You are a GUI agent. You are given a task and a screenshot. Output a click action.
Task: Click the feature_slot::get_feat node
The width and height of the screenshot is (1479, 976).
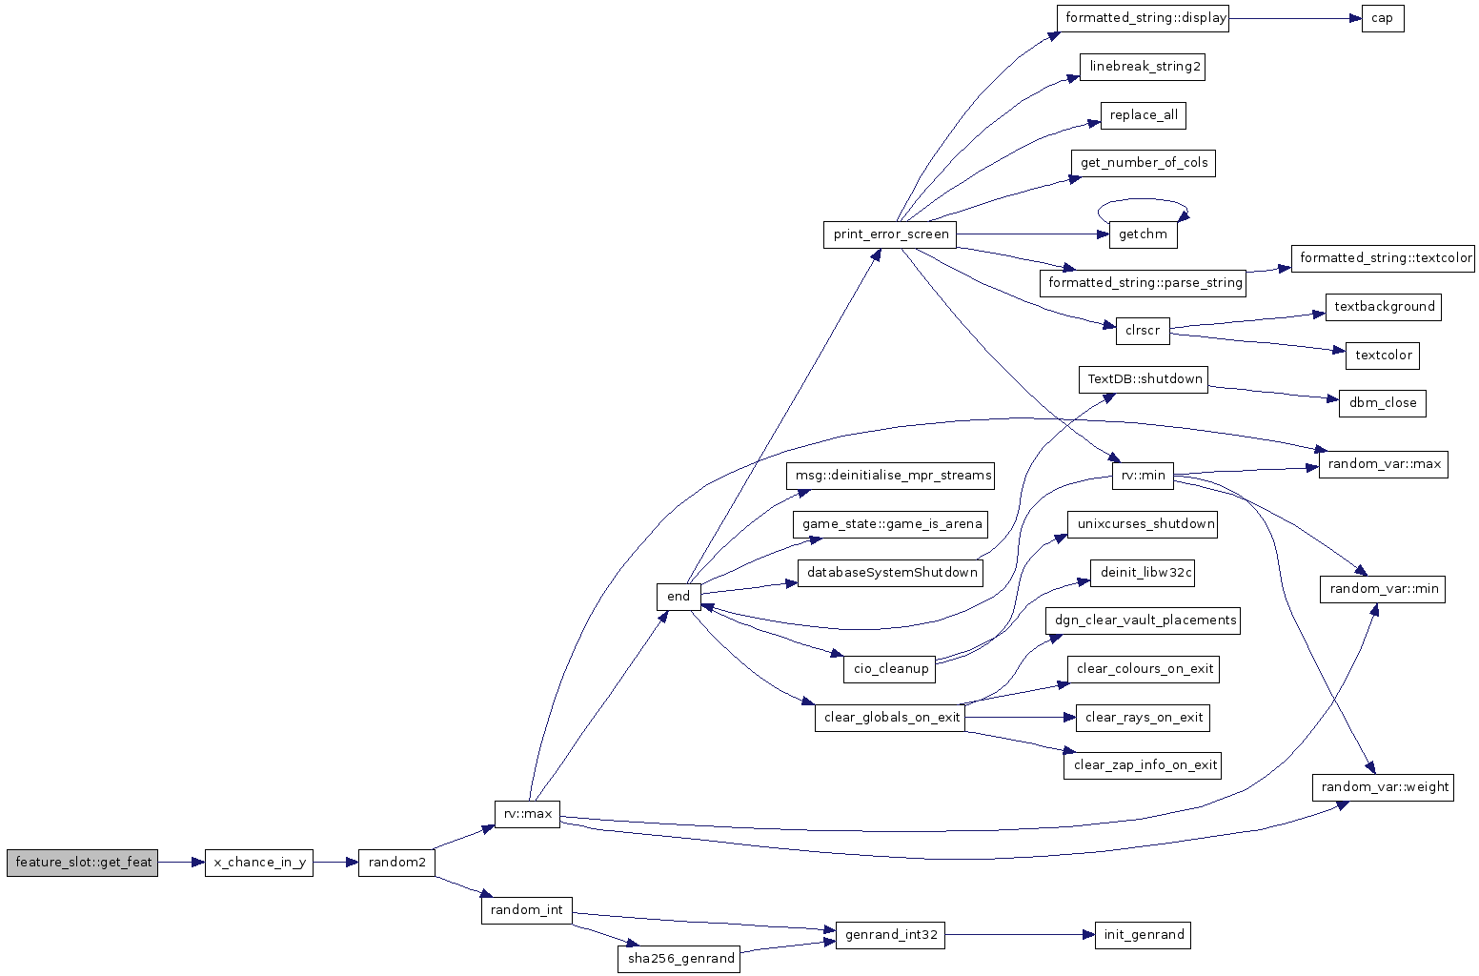[x=83, y=863]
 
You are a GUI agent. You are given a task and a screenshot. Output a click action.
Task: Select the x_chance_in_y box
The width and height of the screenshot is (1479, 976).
[x=259, y=863]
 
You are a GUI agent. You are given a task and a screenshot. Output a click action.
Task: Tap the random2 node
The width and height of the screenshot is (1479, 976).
[x=396, y=863]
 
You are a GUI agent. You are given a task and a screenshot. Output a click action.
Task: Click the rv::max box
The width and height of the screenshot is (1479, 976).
[x=528, y=814]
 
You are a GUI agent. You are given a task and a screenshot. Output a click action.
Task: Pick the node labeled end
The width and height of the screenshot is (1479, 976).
[x=679, y=597]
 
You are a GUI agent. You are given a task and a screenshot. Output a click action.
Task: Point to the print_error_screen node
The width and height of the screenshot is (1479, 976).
[x=890, y=234]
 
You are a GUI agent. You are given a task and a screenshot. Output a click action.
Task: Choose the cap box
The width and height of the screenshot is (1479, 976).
[x=1383, y=18]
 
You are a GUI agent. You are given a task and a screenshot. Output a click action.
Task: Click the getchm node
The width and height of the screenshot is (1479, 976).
[x=1143, y=234]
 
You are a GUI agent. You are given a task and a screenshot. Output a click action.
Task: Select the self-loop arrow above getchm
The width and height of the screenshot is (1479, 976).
[x=1143, y=199]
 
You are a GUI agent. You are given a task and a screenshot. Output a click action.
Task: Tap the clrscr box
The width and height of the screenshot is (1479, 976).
[x=1143, y=331]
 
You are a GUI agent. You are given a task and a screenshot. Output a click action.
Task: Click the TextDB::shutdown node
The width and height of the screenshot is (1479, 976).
[x=1144, y=379]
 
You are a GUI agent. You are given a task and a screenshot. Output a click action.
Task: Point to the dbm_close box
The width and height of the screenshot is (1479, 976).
[x=1383, y=403]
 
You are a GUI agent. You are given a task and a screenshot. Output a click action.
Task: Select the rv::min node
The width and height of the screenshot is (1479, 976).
[x=1143, y=476]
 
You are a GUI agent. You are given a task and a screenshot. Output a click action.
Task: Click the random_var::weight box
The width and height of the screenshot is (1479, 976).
[x=1384, y=787]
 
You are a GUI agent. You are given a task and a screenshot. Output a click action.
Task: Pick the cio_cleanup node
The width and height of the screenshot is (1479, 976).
[x=890, y=670]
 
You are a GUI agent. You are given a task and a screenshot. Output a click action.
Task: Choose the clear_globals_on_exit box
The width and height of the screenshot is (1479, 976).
[x=890, y=718]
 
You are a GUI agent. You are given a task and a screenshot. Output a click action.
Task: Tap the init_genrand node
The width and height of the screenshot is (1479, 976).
[x=1143, y=936]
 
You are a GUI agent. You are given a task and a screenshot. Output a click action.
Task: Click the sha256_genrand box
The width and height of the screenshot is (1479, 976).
[x=679, y=959]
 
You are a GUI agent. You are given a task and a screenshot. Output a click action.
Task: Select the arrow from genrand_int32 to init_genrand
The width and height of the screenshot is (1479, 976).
[x=1020, y=935]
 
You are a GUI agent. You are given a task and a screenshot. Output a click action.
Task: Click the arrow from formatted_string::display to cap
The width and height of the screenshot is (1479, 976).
[x=1295, y=18]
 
